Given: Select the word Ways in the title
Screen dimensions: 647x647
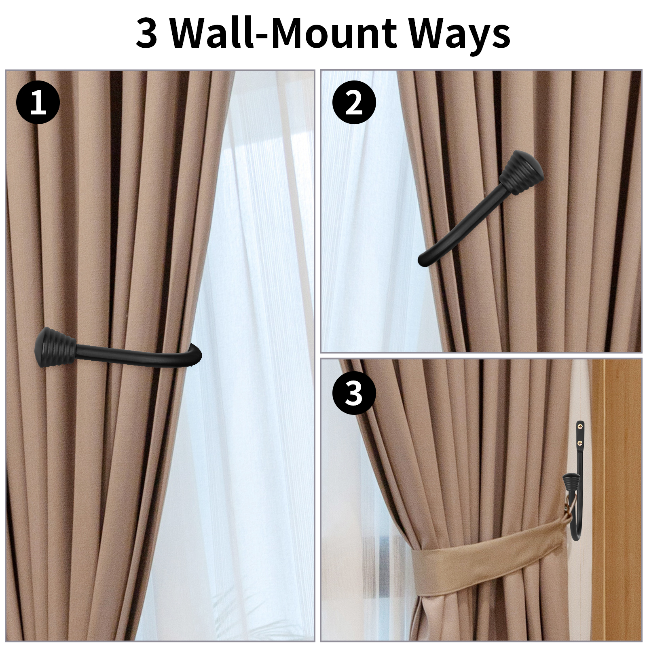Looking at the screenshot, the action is pos(460,36).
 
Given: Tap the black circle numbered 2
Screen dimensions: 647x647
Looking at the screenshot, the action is pos(354,103).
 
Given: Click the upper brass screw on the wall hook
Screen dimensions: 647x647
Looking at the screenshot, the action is pos(581,426).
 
